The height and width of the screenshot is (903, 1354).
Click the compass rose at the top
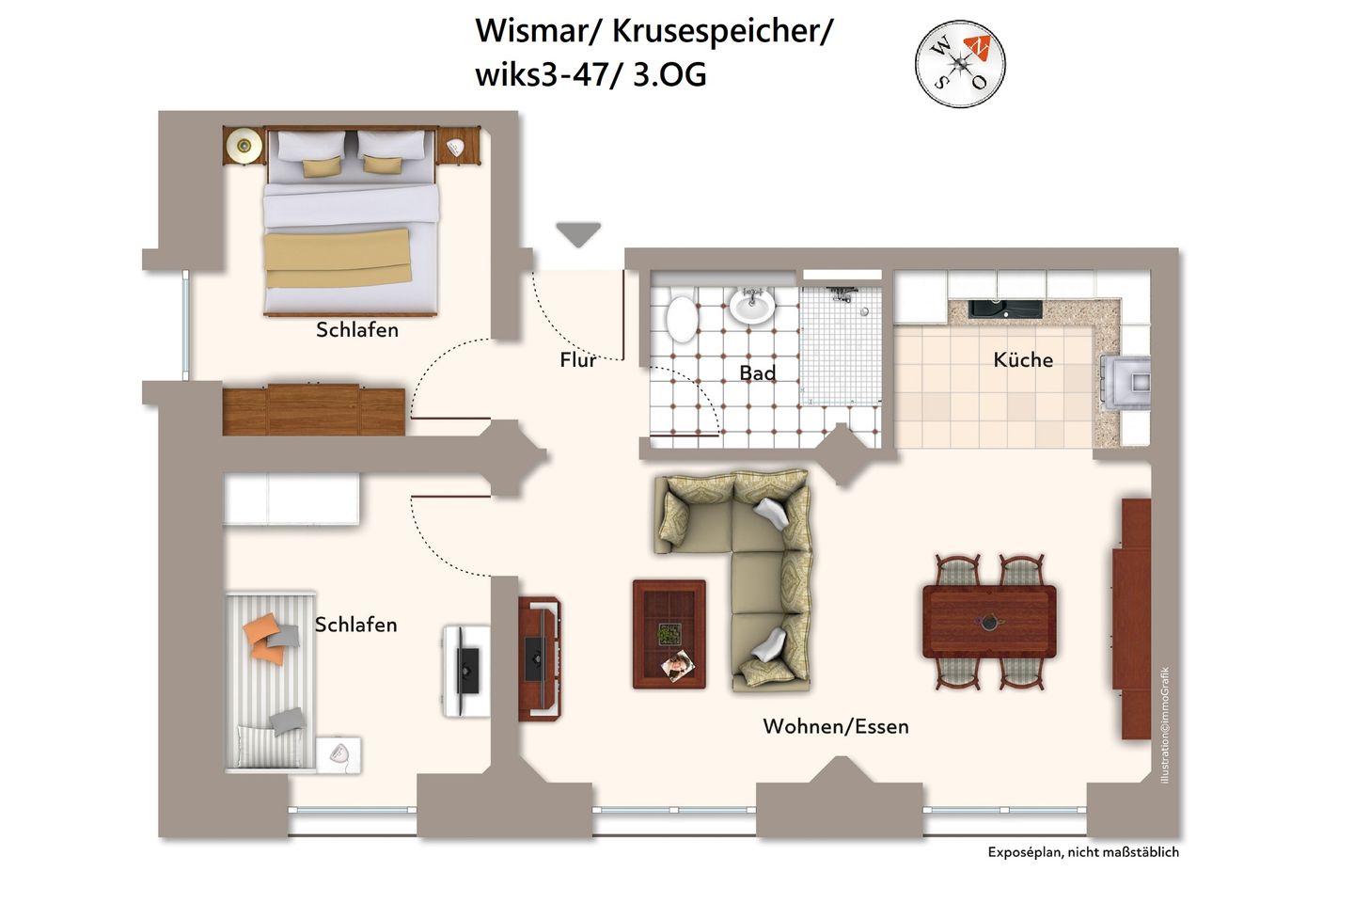(960, 65)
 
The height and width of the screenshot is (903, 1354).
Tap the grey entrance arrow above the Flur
(578, 233)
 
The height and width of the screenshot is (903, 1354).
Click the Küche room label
(1023, 359)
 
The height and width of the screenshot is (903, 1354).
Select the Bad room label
(757, 372)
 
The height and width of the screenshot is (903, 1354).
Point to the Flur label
(577, 359)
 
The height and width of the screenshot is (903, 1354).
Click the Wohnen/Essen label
(835, 726)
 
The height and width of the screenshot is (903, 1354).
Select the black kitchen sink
(1005, 308)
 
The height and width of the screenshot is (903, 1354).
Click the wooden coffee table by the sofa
(669, 634)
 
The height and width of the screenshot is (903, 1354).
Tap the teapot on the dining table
(989, 622)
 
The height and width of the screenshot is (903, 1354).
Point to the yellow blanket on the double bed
(338, 258)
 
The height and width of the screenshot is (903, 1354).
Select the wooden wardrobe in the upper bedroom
(314, 409)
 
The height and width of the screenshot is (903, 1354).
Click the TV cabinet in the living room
(539, 657)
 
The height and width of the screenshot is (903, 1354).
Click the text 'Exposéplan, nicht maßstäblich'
(1082, 852)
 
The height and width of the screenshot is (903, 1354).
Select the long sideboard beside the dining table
(1134, 618)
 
